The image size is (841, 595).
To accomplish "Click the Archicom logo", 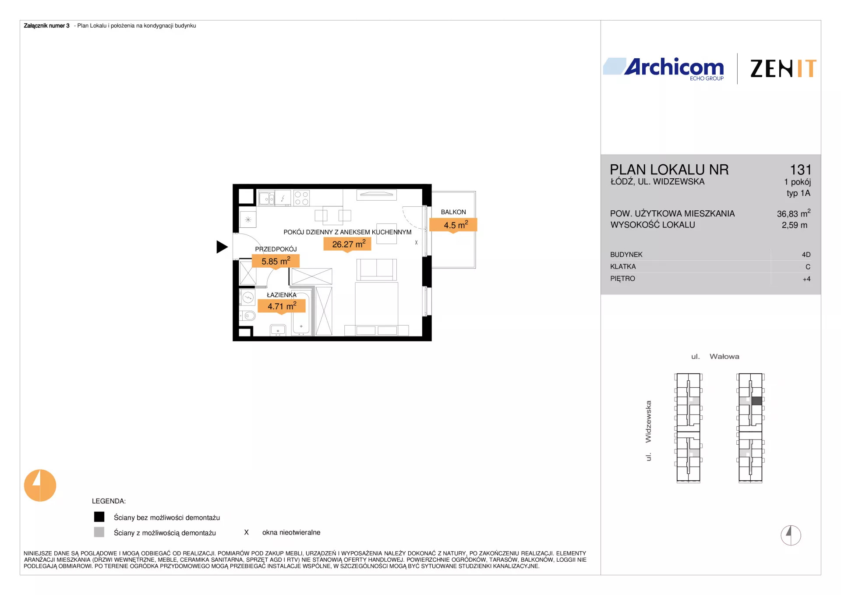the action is point(664,69).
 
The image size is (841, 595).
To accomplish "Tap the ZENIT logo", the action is point(783,69).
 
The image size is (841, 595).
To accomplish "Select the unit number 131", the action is point(801,170).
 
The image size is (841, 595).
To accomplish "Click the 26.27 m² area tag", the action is point(347,244).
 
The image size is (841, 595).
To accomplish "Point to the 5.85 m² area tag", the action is point(276,261).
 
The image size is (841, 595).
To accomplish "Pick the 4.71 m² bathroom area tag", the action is point(281,306).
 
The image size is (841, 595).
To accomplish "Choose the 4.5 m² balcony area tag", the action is point(453,225).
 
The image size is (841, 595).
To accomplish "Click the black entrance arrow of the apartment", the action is point(222,247).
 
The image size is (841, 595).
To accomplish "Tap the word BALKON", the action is point(453,212).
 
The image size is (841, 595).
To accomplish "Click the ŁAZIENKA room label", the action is point(282,295).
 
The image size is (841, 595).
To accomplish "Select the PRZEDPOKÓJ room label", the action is point(276,249).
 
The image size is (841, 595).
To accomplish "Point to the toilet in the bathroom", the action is point(247,315).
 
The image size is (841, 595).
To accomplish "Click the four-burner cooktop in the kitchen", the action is point(301,198).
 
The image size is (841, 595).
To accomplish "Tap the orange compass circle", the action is point(40,485).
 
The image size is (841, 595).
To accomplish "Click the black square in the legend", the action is point(99,517).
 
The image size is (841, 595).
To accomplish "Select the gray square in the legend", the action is point(99,532).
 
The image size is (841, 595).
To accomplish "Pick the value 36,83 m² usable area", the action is point(794,213).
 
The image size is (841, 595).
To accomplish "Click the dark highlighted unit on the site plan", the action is point(756,401).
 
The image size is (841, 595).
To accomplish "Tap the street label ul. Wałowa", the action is point(715,357).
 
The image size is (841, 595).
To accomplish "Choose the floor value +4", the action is point(806,279).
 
